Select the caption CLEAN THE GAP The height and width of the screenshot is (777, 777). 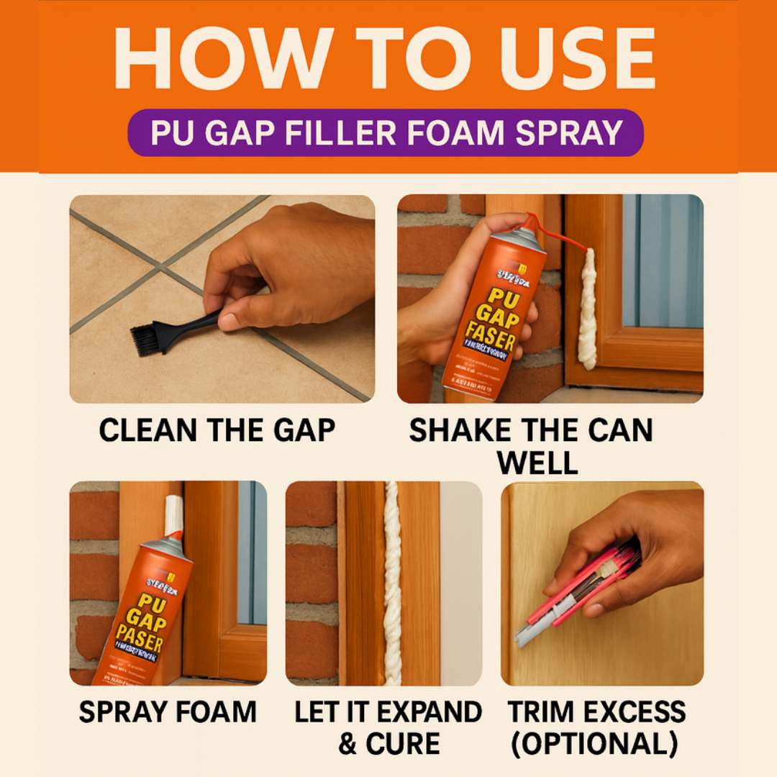[217, 430]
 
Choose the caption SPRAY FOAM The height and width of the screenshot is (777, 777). [168, 712]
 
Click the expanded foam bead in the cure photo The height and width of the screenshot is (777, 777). [392, 583]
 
